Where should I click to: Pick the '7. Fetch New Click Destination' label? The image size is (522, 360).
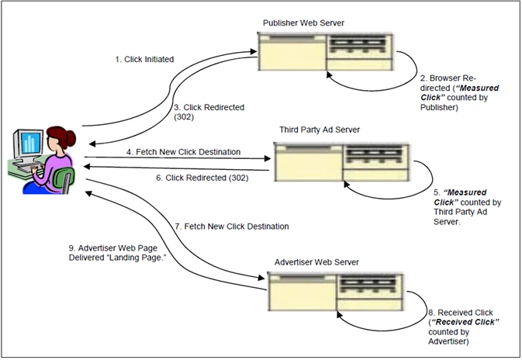pyautogui.click(x=232, y=227)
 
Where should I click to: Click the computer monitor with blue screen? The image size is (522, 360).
pyautogui.click(x=29, y=146)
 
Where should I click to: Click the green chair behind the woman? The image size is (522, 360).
pyautogui.click(x=67, y=185)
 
